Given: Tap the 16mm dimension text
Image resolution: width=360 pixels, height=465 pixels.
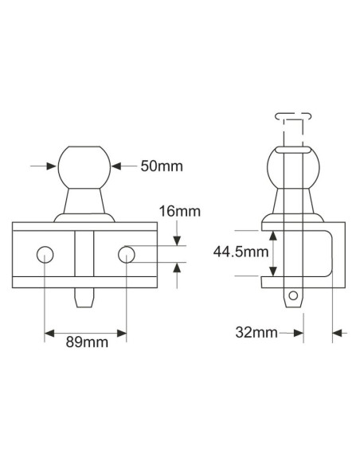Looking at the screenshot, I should pyautogui.click(x=179, y=211).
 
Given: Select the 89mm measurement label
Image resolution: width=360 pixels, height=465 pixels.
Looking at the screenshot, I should pyautogui.click(x=86, y=344).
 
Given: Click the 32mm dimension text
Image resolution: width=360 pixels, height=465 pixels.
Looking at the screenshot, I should pyautogui.click(x=256, y=332).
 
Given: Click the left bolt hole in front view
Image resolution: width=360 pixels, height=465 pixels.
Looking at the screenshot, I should pyautogui.click(x=45, y=255).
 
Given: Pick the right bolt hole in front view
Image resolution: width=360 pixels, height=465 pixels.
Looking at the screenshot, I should pyautogui.click(x=127, y=255).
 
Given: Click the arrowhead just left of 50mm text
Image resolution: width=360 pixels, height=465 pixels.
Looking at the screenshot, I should pyautogui.click(x=117, y=166).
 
